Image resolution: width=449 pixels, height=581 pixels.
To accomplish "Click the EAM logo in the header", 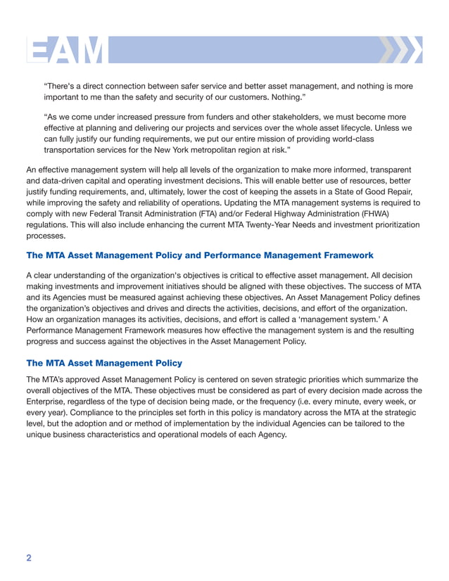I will pos(67,51).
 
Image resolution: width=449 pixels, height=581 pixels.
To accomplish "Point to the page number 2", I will pos(29,558).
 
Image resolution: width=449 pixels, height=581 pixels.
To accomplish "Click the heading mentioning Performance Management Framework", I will pos(199,255).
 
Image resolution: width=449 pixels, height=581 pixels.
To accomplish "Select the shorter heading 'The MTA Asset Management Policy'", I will pos(103,363).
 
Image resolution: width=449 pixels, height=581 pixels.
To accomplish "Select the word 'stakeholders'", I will pos(298,116).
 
